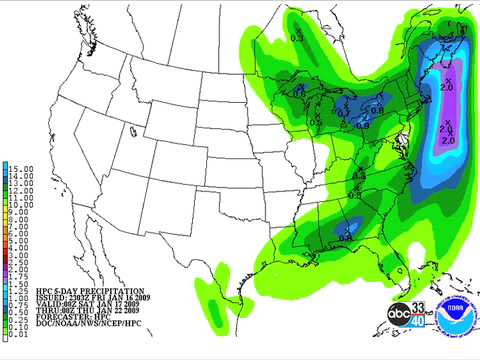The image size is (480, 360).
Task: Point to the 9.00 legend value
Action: pyautogui.click(x=20, y=212)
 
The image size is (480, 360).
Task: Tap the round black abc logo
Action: pyautogui.click(x=400, y=313)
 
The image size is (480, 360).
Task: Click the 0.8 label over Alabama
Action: pyautogui.click(x=346, y=237)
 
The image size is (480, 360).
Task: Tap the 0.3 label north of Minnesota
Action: pyautogui.click(x=296, y=38)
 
